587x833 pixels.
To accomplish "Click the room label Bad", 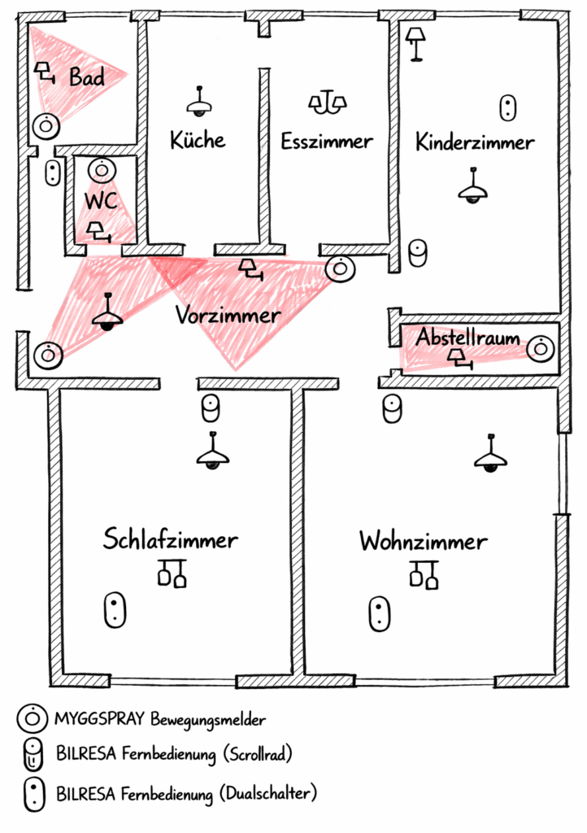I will click(x=86, y=78).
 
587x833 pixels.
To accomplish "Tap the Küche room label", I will click(x=198, y=140).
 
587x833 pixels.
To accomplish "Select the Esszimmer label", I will click(x=327, y=142).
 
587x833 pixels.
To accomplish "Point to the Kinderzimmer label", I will click(x=475, y=143).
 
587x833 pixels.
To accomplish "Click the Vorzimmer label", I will click(x=228, y=315).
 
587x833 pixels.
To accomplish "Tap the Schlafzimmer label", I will click(x=171, y=539).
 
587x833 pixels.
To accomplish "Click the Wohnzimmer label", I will click(x=424, y=541).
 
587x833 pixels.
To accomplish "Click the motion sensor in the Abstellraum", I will click(x=539, y=348).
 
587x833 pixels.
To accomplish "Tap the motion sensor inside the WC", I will click(x=101, y=170).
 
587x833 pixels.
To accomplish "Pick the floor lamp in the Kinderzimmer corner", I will click(x=416, y=42).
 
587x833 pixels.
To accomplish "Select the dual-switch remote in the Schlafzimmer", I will click(x=115, y=610).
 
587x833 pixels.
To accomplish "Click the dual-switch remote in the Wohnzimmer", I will click(x=378, y=613).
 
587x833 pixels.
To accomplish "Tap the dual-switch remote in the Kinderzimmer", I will click(x=509, y=107).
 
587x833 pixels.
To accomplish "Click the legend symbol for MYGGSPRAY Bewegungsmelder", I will click(x=30, y=718).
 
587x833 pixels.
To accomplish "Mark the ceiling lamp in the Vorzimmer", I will click(x=107, y=314).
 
